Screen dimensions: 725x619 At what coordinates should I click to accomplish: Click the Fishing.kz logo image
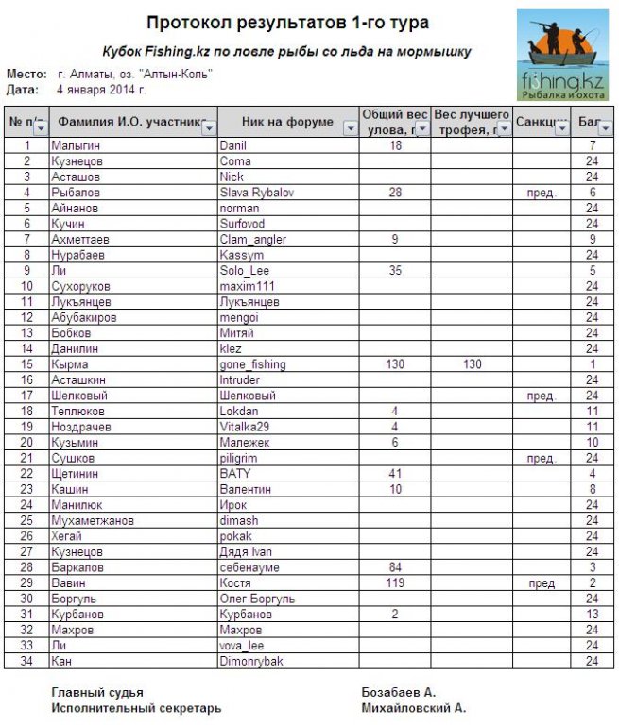tap(562, 55)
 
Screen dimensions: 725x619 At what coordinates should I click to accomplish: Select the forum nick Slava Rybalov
tap(257, 193)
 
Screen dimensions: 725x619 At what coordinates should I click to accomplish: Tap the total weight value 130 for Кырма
tap(395, 364)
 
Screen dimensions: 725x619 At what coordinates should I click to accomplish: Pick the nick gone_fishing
tap(252, 364)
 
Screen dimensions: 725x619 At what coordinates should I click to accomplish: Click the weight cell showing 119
tap(395, 583)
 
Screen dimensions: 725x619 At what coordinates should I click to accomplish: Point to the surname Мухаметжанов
tap(93, 521)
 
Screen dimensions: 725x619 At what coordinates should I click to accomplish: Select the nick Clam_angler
tap(252, 240)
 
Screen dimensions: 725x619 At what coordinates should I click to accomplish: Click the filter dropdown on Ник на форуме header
tap(350, 127)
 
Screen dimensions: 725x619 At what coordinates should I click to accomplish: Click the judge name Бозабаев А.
tap(399, 692)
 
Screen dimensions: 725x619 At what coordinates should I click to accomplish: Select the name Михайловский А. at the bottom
tap(414, 708)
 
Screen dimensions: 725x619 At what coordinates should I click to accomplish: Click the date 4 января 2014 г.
tap(101, 90)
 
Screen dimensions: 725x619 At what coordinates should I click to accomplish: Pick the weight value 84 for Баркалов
tap(395, 567)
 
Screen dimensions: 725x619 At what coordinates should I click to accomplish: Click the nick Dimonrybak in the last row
tap(250, 662)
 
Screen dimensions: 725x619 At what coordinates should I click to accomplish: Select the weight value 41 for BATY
tap(395, 474)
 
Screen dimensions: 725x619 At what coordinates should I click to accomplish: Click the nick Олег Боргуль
tap(257, 599)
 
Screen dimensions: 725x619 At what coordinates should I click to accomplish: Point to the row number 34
tap(27, 662)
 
